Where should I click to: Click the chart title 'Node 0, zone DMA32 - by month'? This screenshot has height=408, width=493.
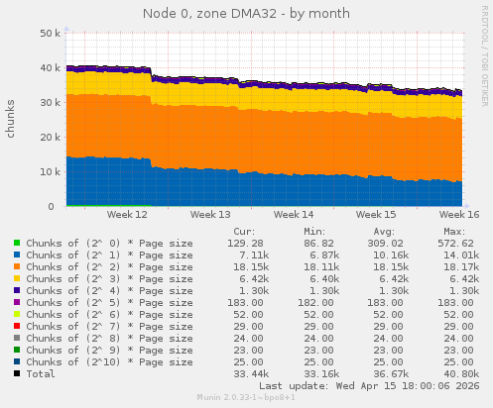tap(246, 11)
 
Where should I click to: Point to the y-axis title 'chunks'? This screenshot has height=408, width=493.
tap(11, 119)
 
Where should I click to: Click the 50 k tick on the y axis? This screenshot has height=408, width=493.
tap(46, 33)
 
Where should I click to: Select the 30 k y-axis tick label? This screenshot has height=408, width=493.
tap(46, 102)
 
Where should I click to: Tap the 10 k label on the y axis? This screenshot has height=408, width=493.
tap(46, 171)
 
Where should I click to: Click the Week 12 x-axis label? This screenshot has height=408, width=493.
tap(127, 214)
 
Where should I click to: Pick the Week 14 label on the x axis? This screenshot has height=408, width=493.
tap(294, 214)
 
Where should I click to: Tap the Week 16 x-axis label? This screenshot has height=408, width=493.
tap(458, 214)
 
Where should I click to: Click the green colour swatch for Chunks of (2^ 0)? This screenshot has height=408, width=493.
tap(17, 243)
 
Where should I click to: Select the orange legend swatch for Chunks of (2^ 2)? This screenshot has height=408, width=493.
tap(17, 266)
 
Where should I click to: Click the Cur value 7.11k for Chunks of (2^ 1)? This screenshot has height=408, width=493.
tap(247, 255)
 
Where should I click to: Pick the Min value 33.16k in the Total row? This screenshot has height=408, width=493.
tap(317, 373)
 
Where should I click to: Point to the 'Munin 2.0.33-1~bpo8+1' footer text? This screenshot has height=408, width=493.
tap(246, 399)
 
